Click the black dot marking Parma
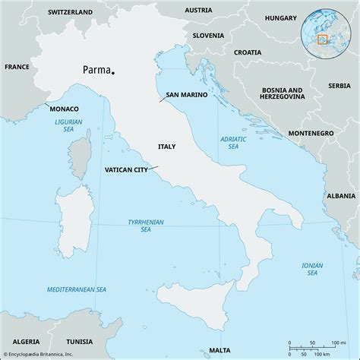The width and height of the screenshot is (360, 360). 112,74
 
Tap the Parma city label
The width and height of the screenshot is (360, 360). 95,70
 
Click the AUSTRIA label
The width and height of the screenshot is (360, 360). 198,10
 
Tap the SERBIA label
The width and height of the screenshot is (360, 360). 339,86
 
